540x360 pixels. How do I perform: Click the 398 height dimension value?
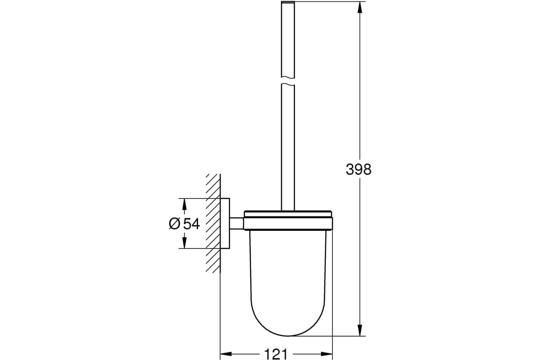(359, 169)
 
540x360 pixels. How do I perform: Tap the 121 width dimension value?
(276, 354)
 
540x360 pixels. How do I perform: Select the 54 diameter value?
(192, 224)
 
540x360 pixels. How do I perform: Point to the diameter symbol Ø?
(175, 224)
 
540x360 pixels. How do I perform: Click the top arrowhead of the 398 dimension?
(360, 7)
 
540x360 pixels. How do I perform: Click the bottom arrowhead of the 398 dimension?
(360, 330)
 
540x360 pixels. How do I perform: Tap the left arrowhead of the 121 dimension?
(226, 354)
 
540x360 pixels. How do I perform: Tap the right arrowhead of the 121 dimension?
(327, 354)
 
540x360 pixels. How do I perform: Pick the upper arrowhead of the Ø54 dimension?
(184, 204)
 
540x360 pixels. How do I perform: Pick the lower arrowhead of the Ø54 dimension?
(184, 243)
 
